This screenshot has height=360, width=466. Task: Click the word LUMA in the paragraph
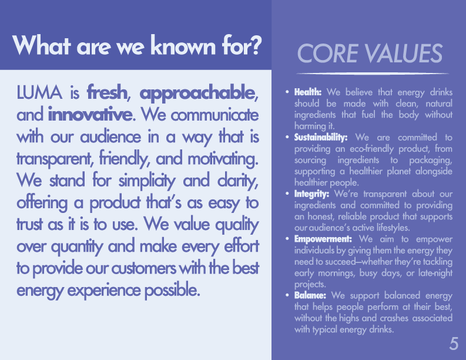pos(39,92)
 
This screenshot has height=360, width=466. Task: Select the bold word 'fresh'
pos(107,92)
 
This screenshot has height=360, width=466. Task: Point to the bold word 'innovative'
pos(90,115)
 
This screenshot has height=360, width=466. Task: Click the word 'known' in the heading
pos(183,45)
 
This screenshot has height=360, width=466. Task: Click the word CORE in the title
pos(327,54)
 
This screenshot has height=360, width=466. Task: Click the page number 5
pos(454,344)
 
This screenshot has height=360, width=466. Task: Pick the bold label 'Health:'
pos(308,92)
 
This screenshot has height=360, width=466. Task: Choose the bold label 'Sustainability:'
pos(321,138)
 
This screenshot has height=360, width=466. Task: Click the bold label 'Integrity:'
pos(311,194)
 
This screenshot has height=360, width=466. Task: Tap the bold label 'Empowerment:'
pos(323,239)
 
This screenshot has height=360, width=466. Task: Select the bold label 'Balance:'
pos(310,295)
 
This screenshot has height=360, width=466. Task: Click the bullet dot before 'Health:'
pos(287,92)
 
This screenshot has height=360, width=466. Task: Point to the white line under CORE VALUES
pos(373,73)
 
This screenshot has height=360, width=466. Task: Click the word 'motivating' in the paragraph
pos(223,159)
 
